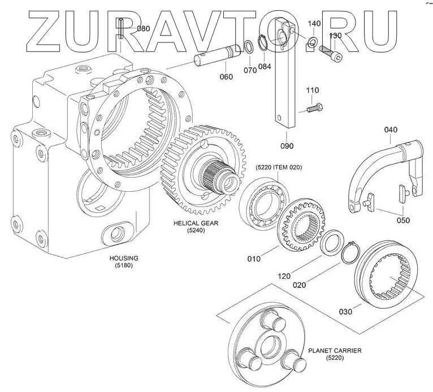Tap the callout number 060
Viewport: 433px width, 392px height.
(226, 77)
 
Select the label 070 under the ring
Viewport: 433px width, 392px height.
(250, 71)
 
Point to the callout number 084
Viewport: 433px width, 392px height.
(265, 66)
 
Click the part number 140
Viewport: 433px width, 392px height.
(314, 23)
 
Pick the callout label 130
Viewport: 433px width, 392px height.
(335, 36)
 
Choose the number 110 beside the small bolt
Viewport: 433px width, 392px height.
(313, 91)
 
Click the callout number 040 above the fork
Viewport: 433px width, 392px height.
(391, 130)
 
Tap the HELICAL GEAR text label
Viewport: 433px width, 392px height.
(196, 223)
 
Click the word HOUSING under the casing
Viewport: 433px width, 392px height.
(124, 258)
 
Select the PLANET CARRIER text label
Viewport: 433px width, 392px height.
(335, 351)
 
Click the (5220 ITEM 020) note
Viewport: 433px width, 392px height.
(279, 167)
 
